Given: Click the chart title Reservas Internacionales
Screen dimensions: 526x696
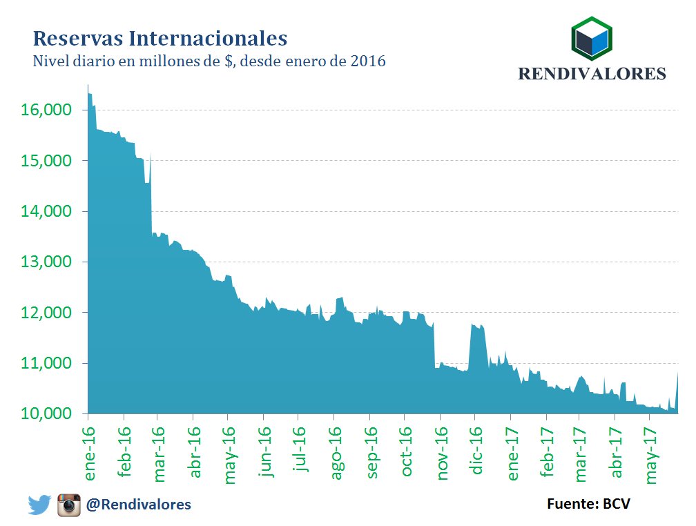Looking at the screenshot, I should pos(160,37).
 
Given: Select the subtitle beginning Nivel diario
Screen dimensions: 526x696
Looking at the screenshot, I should pos(209,61).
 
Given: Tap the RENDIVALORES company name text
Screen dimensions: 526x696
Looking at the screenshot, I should pos(592,73).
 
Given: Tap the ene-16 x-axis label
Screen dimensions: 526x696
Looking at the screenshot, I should pos(89,452).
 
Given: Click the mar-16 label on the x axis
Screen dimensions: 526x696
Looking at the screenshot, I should pos(159,452).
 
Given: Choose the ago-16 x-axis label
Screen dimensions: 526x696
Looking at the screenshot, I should pos(336,452).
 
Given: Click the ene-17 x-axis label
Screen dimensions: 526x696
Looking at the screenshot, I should pos(512,452).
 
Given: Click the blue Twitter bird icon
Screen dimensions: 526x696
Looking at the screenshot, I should pos(40,505).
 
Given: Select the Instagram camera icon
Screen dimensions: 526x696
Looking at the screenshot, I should pos(69,505).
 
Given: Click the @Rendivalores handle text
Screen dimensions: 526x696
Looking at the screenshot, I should pos(138,505).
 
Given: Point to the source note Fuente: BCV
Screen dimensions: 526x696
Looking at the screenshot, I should pos(588,503).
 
